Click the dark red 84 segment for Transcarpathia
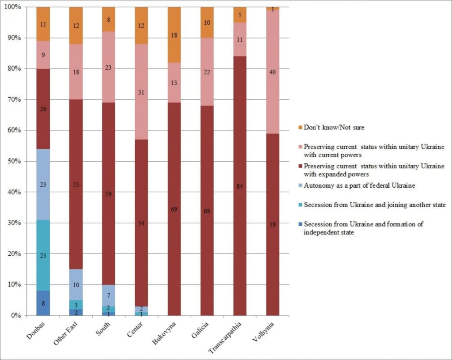click(x=240, y=186)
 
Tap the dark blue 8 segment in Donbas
click(x=43, y=303)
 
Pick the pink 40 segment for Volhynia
click(x=273, y=72)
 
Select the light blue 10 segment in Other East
click(x=76, y=284)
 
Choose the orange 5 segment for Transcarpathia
click(x=240, y=15)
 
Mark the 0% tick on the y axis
click(x=16, y=315)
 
